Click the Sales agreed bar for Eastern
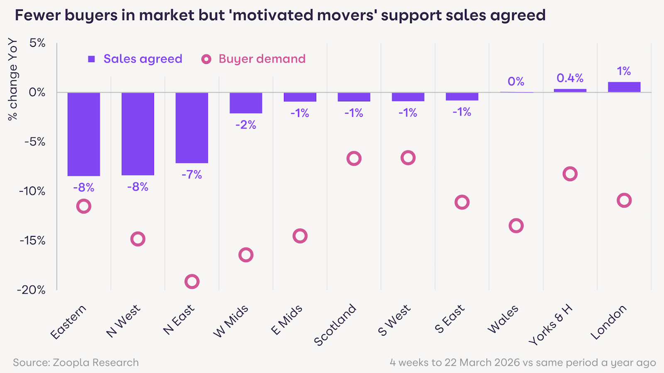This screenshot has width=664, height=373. pyautogui.click(x=84, y=134)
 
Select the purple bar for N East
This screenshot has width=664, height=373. pyautogui.click(x=192, y=128)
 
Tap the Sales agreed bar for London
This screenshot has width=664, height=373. pyautogui.click(x=624, y=87)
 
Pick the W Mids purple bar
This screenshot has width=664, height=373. pyautogui.click(x=246, y=103)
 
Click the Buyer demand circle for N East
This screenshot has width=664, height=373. pyautogui.click(x=192, y=282)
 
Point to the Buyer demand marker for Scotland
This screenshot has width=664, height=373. pyautogui.click(x=354, y=158)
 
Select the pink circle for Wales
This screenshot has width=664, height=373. pyautogui.click(x=516, y=226)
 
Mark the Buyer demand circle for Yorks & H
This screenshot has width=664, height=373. pyautogui.click(x=570, y=174)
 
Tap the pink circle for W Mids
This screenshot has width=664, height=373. pyautogui.click(x=246, y=255)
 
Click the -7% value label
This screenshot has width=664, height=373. pyautogui.click(x=192, y=174)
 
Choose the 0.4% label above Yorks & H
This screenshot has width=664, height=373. pyautogui.click(x=570, y=78)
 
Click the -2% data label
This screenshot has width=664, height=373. pyautogui.click(x=246, y=125)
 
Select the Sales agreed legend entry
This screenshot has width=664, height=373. pyautogui.click(x=135, y=59)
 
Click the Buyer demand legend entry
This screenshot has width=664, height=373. pyautogui.click(x=254, y=59)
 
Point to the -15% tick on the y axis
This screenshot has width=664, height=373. pyautogui.click(x=32, y=240)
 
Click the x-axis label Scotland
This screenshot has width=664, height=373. pyautogui.click(x=335, y=325)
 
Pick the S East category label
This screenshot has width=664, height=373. pyautogui.click(x=450, y=319)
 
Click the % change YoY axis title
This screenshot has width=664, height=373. pyautogui.click(x=13, y=79)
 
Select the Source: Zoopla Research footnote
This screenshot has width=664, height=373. pyautogui.click(x=76, y=363)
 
